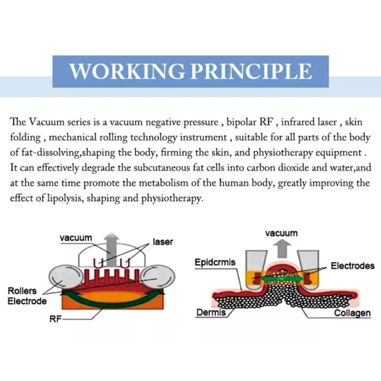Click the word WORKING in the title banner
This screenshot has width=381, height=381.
click(127, 71)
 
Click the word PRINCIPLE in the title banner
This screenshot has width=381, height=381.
click(251, 71)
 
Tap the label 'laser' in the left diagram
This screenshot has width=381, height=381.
click(163, 242)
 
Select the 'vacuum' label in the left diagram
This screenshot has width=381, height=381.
click(76, 238)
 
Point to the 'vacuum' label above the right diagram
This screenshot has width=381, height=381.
click(282, 233)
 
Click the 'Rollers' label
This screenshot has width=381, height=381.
click(22, 291)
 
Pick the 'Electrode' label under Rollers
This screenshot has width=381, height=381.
click(27, 301)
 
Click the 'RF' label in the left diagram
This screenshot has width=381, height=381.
click(56, 319)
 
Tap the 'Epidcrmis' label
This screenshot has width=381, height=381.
click(215, 262)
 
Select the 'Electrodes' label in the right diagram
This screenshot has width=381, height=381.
click(352, 266)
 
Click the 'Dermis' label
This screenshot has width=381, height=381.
click(211, 313)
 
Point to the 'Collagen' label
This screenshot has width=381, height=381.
click(352, 313)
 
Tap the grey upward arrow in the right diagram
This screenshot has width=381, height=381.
click(282, 248)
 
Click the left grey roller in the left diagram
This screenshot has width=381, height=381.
click(65, 278)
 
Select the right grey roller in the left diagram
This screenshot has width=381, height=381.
click(159, 277)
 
